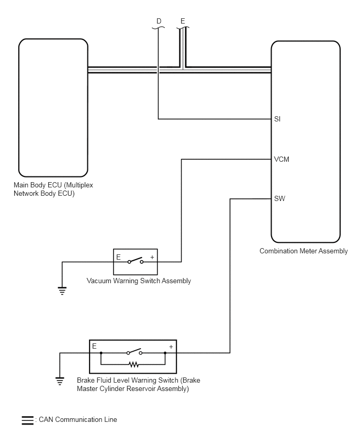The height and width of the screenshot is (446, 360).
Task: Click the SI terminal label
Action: pos(277,119)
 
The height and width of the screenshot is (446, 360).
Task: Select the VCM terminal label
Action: pos(282,159)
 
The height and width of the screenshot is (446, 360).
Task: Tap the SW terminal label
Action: pos(279,198)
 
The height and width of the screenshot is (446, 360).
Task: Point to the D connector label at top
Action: pos(159,21)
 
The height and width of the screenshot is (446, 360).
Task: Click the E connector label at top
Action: pos(183,21)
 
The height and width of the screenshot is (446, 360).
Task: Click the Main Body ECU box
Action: pos(53,108)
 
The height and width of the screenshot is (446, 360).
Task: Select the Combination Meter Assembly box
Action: pos(306,142)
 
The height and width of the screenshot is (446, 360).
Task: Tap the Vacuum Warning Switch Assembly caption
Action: pos(139,281)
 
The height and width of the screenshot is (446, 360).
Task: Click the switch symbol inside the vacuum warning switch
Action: pos(136,261)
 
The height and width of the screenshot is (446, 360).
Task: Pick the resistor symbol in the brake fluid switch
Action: pos(133,364)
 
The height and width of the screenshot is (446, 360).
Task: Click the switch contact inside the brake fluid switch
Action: pos(134,352)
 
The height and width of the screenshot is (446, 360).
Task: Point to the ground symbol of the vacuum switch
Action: pos(62,291)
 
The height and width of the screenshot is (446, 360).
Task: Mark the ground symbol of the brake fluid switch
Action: pos(60,381)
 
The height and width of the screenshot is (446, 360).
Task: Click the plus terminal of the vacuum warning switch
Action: pos(152,258)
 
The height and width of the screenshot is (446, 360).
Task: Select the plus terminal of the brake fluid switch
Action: pos(171,347)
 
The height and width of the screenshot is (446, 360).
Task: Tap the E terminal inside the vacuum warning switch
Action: pos(119,258)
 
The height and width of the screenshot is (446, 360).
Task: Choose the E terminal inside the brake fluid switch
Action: pos(94,346)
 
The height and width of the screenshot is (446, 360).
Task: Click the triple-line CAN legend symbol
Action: pos(28,420)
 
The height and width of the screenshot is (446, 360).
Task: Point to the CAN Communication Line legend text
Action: pos(78,419)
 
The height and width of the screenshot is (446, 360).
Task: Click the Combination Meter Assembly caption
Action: pos(303,251)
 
